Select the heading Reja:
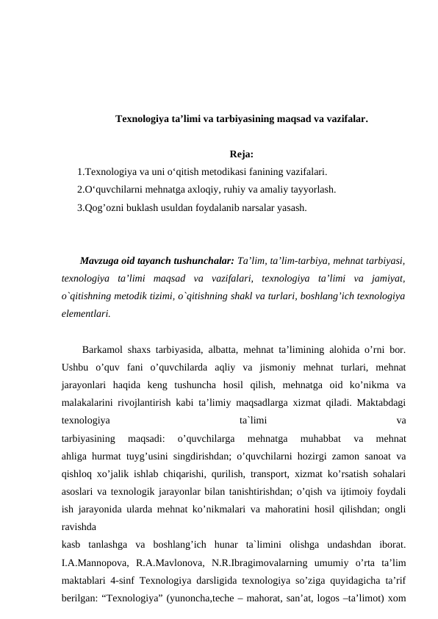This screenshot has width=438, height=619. click(x=242, y=154)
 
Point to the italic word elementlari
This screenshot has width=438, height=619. click(x=86, y=313)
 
